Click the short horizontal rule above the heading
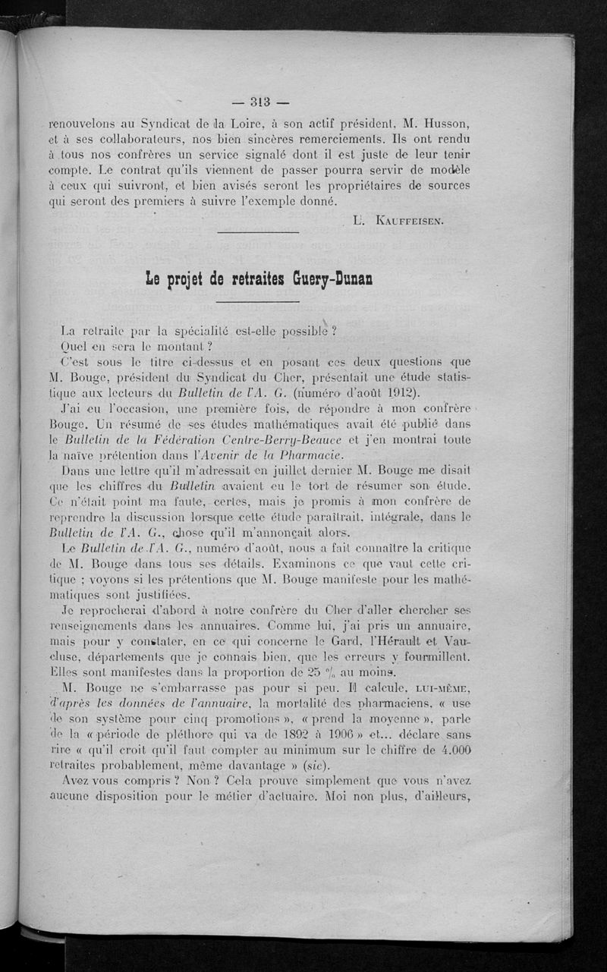(258, 232)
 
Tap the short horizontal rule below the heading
(258, 302)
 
